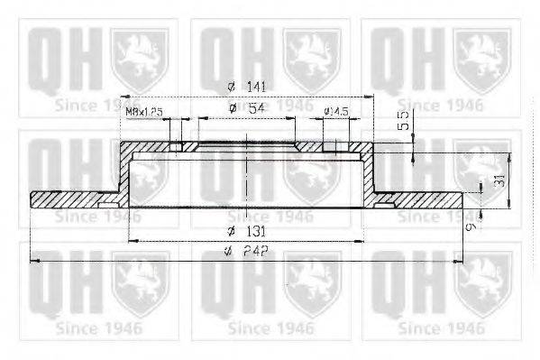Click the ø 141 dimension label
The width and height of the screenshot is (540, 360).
(243, 87)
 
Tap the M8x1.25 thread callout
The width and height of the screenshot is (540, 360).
(143, 112)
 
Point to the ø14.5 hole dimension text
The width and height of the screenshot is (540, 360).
(336, 112)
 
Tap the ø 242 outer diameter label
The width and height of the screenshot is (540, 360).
(243, 253)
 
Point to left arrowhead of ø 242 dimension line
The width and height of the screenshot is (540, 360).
(33, 262)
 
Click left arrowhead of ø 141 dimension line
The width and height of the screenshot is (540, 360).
(125, 96)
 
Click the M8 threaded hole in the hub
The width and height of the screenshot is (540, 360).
(177, 147)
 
